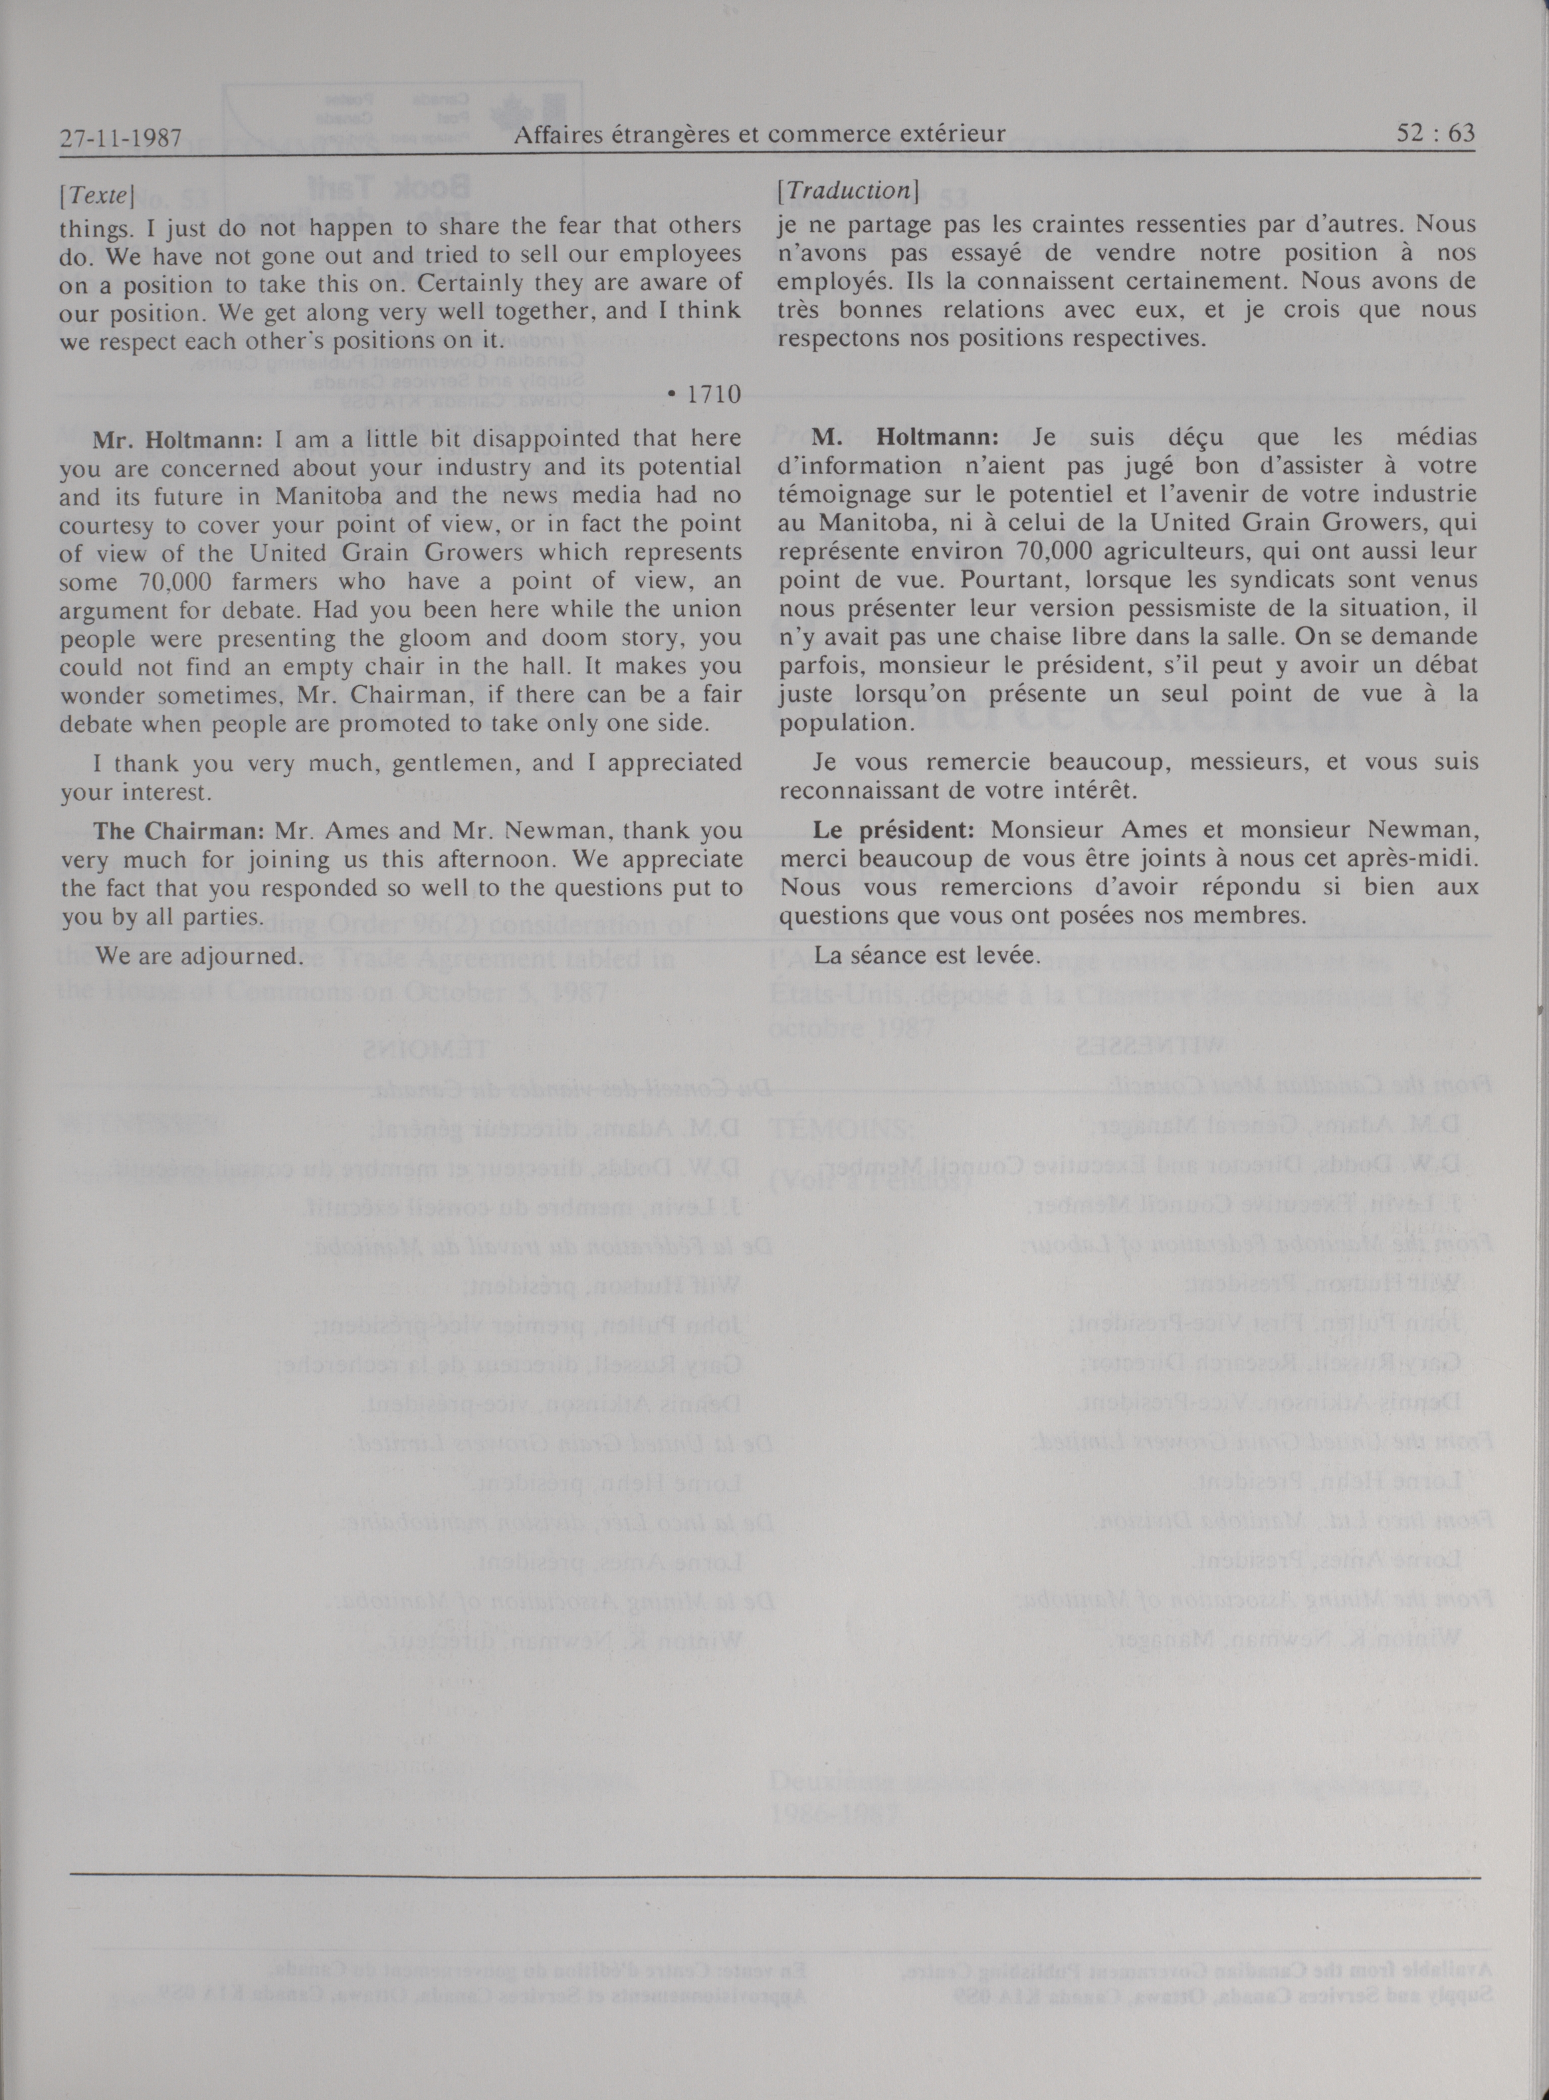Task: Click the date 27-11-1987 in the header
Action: (x=120, y=138)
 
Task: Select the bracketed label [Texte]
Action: (x=98, y=197)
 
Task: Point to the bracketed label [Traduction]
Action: (x=847, y=190)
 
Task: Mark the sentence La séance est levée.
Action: (x=926, y=956)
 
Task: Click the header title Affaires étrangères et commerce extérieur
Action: (x=760, y=135)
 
